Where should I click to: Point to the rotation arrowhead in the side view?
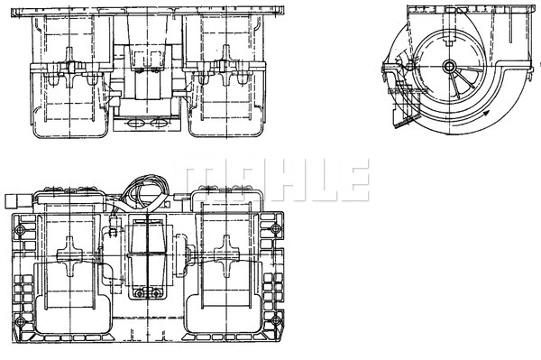(486, 115)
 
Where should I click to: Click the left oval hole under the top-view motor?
(136, 122)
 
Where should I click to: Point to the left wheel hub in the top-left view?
(69, 79)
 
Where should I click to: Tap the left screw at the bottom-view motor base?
(136, 291)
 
